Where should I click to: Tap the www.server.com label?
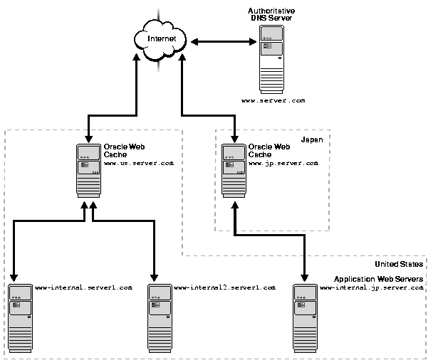point(273,100)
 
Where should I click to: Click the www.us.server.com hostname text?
point(138,164)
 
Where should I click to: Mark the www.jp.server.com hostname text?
point(283,164)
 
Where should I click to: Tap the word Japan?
point(312,140)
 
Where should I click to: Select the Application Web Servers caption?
point(379,280)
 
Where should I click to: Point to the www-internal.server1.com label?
point(83,287)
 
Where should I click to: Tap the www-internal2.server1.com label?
point(224,287)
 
